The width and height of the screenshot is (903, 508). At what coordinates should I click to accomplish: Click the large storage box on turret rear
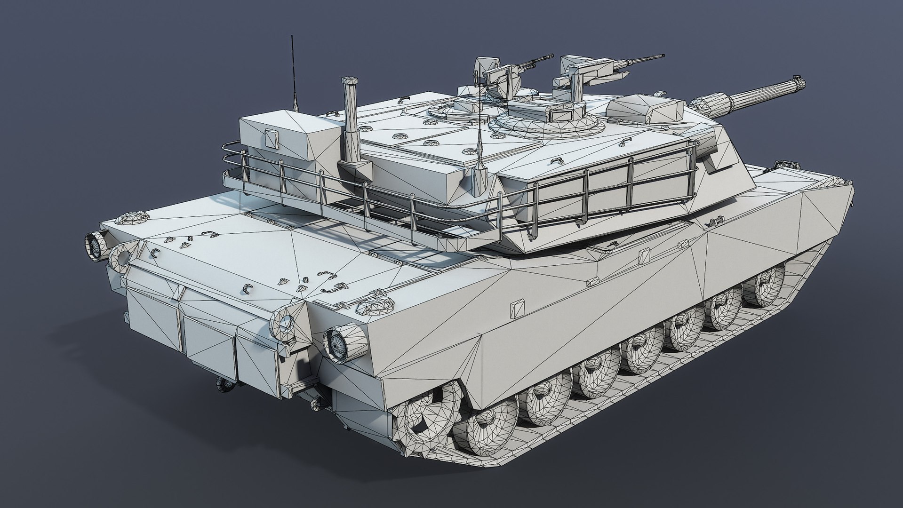pos(287,136)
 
